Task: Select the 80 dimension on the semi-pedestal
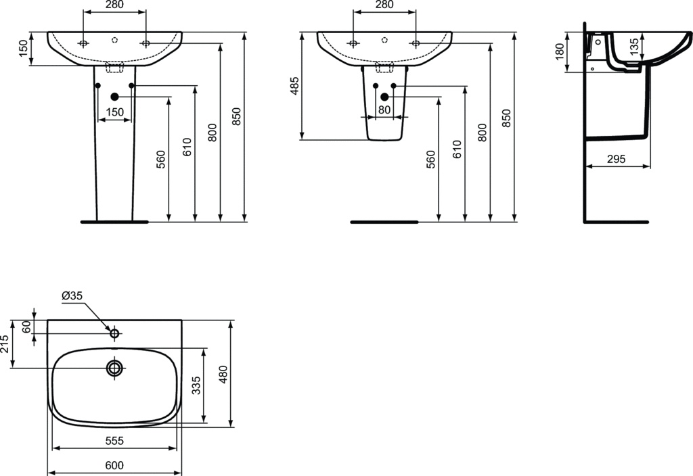click(384, 110)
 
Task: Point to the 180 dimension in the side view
click(559, 52)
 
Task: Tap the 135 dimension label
click(633, 46)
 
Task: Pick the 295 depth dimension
click(615, 159)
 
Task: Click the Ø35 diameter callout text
click(72, 295)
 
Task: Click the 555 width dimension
click(114, 441)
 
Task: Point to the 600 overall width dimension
click(114, 465)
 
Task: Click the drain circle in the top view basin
click(114, 368)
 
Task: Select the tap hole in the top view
click(114, 333)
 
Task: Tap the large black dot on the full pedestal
click(114, 97)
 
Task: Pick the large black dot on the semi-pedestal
click(384, 97)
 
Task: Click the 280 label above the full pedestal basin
click(114, 5)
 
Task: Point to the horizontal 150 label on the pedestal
click(114, 112)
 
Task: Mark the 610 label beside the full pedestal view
click(187, 147)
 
